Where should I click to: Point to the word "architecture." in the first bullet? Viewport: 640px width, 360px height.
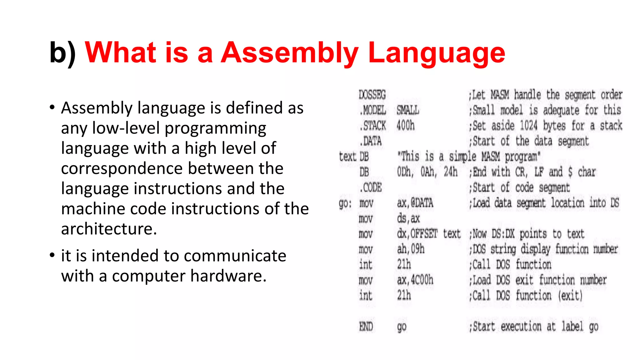[109, 229]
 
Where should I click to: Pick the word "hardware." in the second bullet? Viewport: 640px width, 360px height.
[228, 276]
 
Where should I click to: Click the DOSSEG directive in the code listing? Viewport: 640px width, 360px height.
[372, 95]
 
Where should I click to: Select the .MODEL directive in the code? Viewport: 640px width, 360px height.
[373, 110]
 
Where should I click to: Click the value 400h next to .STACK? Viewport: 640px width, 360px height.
[405, 126]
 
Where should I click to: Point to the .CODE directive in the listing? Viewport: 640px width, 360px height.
[371, 187]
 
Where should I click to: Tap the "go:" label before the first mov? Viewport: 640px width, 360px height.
[345, 203]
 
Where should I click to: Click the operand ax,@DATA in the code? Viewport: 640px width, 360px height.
[415, 203]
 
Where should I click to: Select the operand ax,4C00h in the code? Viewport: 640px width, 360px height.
[415, 280]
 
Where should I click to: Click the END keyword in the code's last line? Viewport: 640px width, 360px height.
[366, 327]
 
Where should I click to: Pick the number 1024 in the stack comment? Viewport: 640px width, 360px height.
[528, 126]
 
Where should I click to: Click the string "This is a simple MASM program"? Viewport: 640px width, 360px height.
[468, 156]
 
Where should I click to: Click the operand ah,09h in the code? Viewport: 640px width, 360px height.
[411, 249]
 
